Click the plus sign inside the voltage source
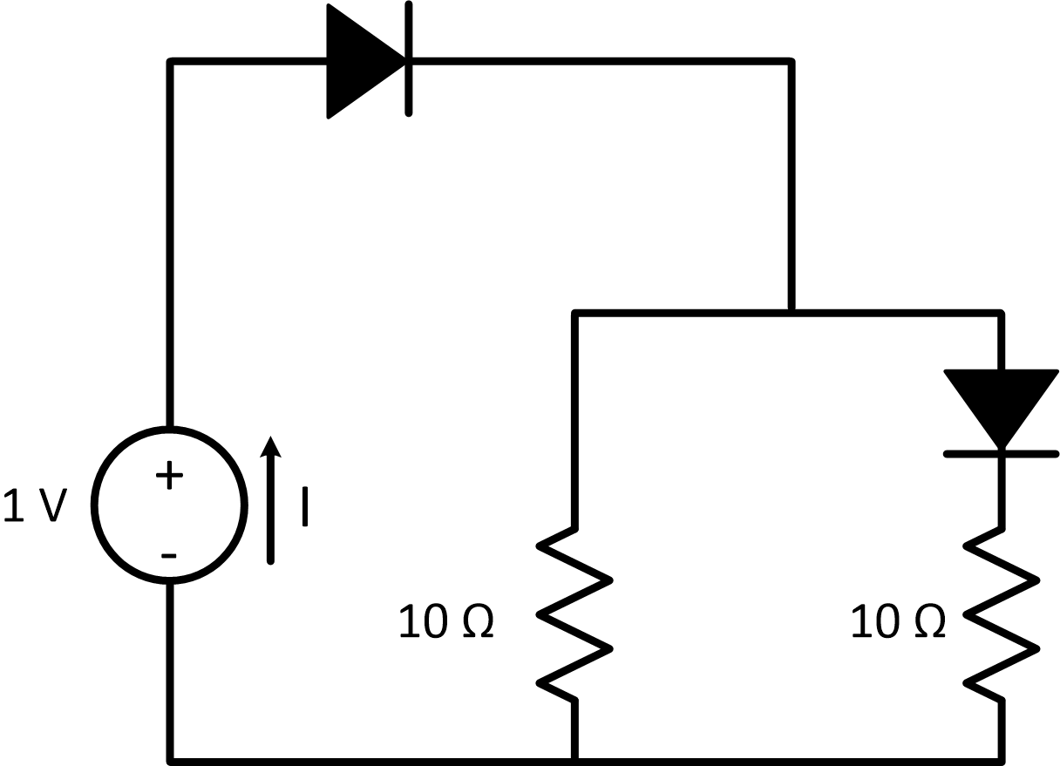tap(169, 475)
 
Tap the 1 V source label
tap(35, 505)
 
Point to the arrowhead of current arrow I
tap(271, 445)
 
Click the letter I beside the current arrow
tap(304, 506)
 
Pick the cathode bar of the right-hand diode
tap(1002, 453)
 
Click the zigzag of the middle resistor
tap(574, 614)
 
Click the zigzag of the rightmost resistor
tap(1002, 614)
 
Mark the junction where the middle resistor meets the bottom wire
tap(574, 759)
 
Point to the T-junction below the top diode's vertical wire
tap(791, 312)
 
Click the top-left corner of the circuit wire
tap(171, 62)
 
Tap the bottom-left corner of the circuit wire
tap(171, 759)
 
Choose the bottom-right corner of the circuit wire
tap(1002, 759)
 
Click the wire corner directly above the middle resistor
tap(574, 313)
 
